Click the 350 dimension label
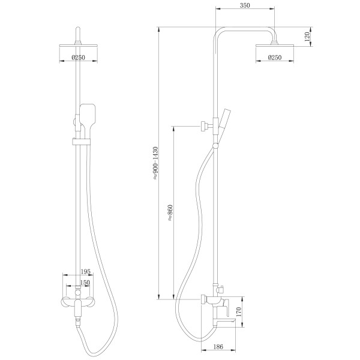245,5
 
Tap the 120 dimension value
307,37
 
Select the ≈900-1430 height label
155,163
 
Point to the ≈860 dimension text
170,212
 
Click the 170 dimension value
239,312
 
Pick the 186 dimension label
218,347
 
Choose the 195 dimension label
86,272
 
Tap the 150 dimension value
85,283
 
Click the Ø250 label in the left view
78,58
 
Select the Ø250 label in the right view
275,58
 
